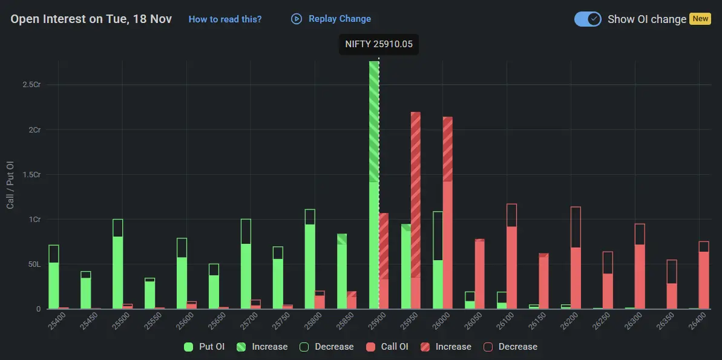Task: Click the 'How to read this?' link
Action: pos(225,19)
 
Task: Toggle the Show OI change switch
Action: pos(587,19)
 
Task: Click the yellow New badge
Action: pos(700,19)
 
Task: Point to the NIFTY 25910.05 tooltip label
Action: pos(378,44)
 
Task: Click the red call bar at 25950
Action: pos(416,212)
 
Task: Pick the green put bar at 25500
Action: pos(117,266)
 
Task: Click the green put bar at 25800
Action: pos(310,260)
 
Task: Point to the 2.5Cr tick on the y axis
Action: pos(31,85)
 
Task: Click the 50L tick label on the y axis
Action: pos(34,264)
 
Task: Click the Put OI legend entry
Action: pos(205,347)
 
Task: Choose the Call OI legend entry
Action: pos(387,347)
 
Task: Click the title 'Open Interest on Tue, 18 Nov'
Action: pos(91,19)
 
